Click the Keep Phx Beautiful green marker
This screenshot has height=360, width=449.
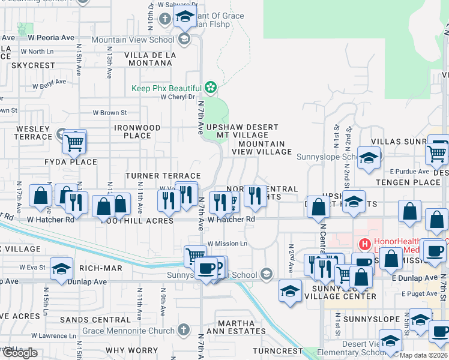210,88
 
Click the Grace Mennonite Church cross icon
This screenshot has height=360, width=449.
184,329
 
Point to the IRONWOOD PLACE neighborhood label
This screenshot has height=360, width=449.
137,131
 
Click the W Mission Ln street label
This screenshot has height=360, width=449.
228,244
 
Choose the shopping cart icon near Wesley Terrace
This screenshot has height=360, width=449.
74,143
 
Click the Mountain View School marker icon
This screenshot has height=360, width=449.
184,40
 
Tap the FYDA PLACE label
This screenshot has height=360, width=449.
70,162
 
